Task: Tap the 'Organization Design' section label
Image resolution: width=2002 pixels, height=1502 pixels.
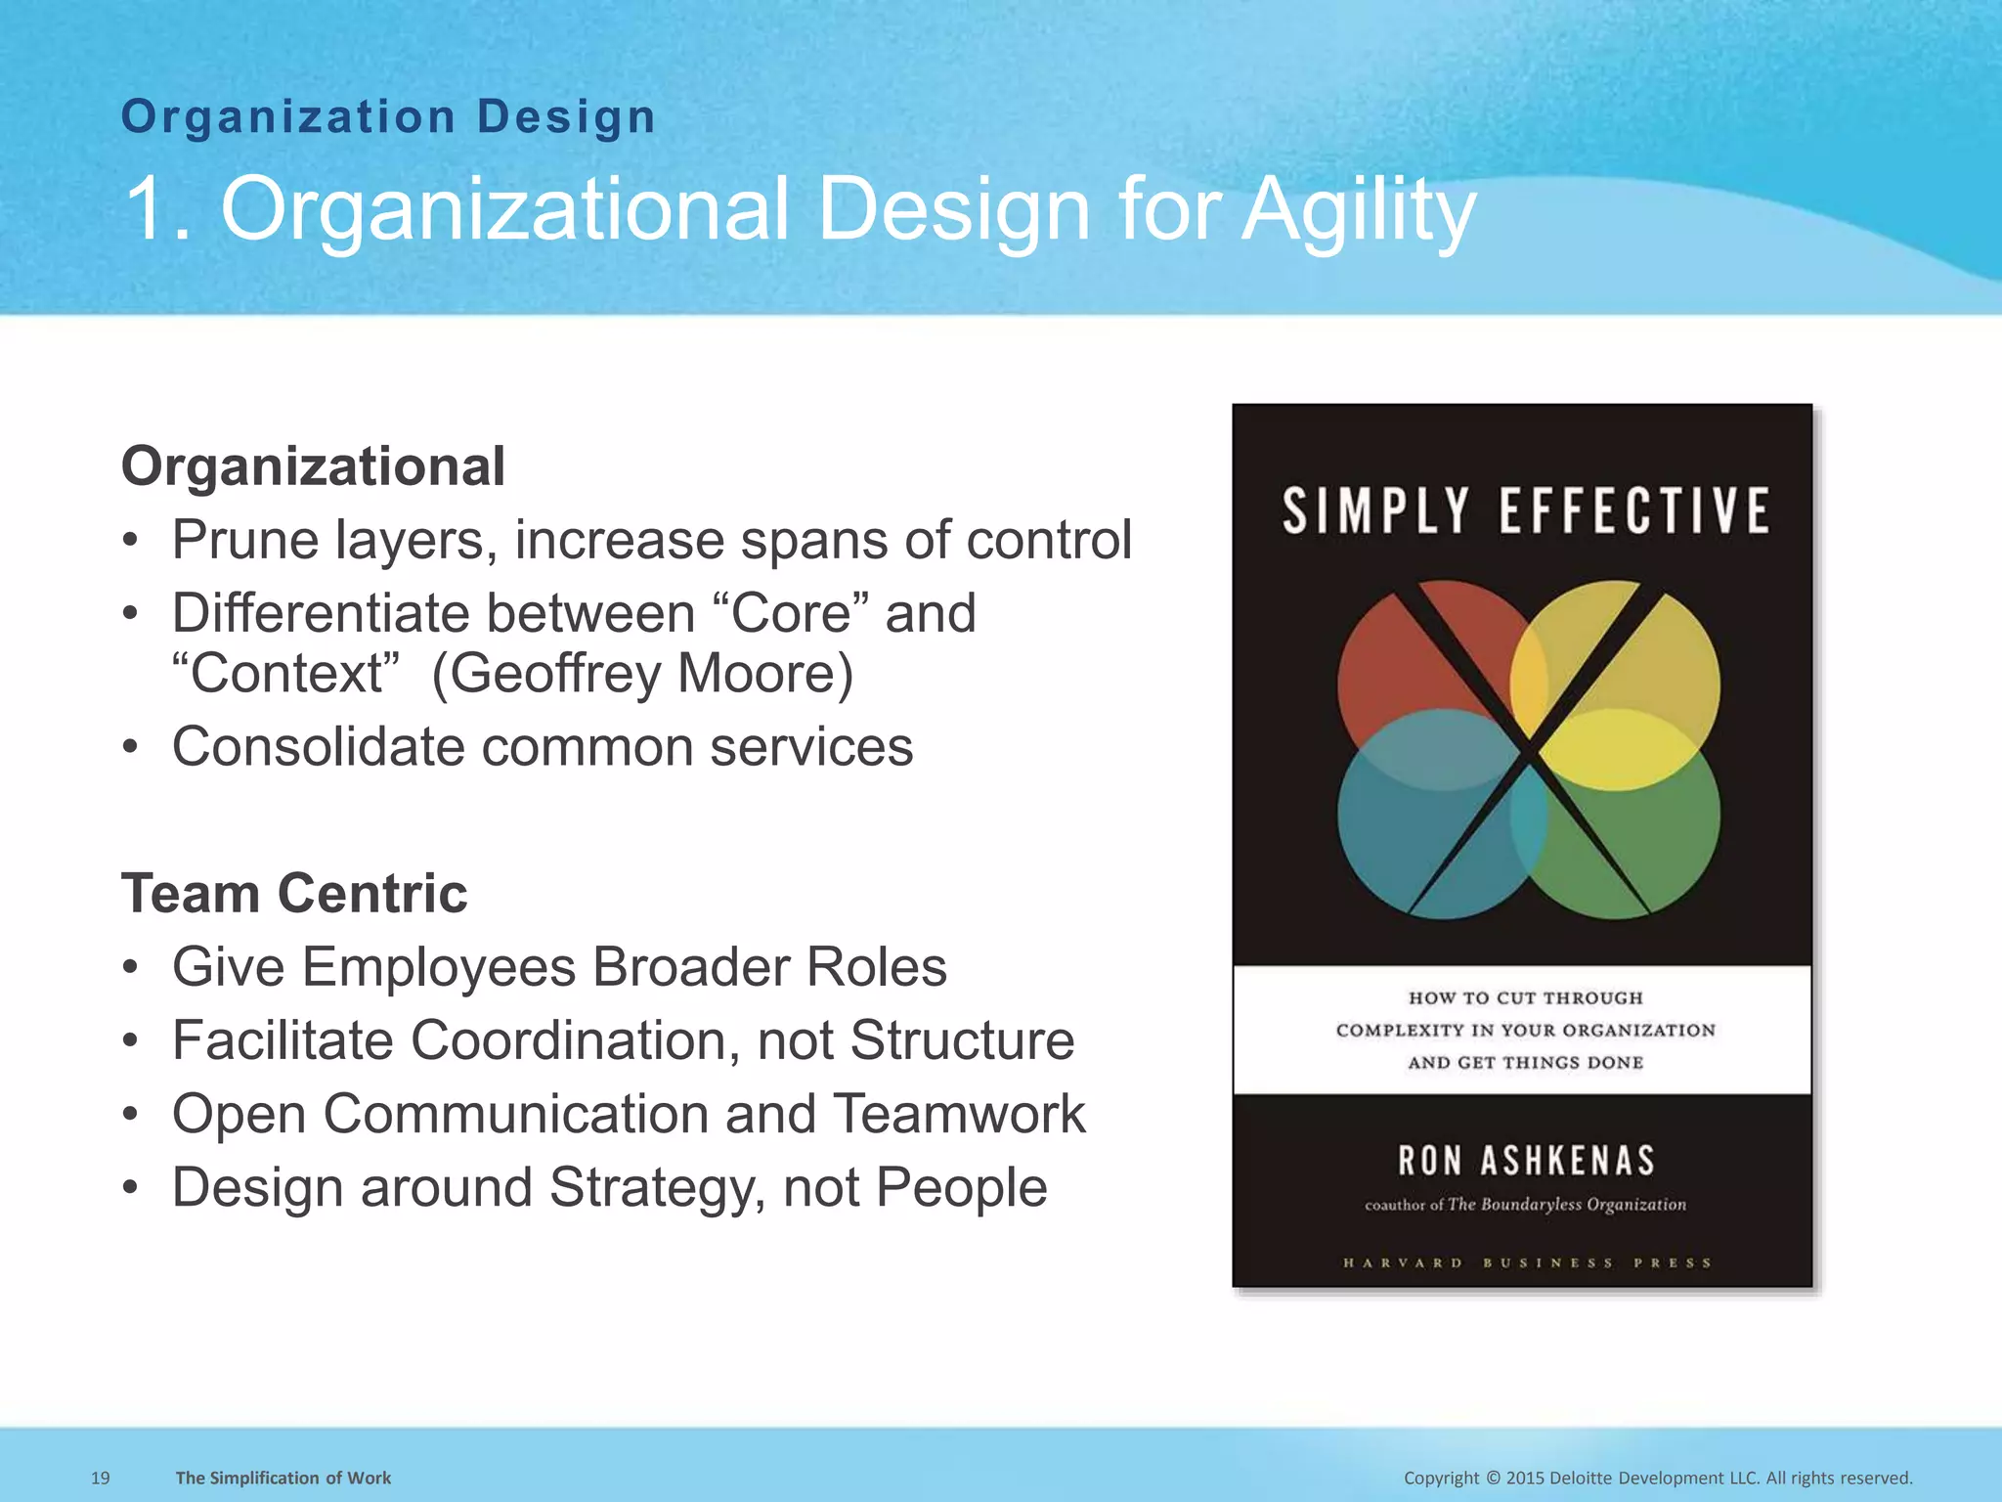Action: pos(388,117)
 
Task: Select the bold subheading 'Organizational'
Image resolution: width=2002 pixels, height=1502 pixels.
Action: pos(313,465)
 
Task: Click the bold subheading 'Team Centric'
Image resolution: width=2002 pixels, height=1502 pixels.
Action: pos(294,893)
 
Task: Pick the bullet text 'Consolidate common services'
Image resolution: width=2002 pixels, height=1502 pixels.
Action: pos(543,747)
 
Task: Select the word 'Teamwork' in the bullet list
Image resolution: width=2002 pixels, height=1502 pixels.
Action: pos(959,1114)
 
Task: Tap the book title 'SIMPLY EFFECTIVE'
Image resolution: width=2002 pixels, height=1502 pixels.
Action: pos(1525,510)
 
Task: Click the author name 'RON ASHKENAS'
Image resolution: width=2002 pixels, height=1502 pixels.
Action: pos(1526,1161)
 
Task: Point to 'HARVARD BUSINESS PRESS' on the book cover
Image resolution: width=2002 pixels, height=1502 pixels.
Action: pos(1526,1262)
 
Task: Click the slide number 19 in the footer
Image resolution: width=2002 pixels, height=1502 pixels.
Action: pos(100,1478)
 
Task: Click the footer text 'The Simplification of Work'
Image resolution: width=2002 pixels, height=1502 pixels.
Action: pos(283,1478)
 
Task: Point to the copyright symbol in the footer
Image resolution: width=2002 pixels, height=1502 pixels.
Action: pos(1492,1478)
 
